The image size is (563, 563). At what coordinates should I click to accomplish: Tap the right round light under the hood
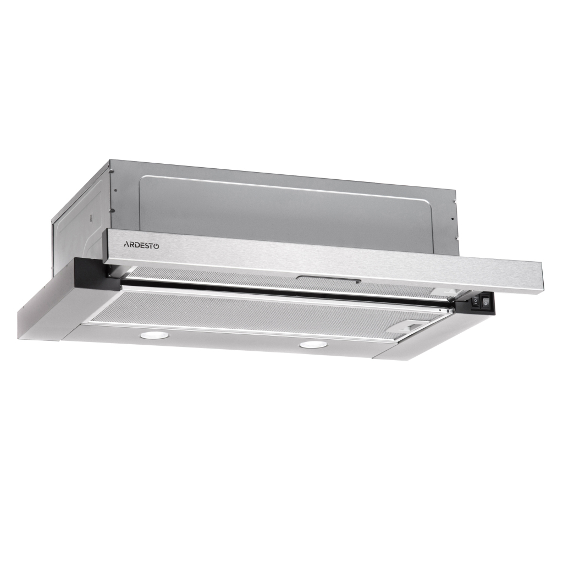[x=312, y=345]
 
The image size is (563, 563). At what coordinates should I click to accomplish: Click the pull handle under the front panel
[x=328, y=280]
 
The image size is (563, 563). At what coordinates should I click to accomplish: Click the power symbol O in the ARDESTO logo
[x=157, y=246]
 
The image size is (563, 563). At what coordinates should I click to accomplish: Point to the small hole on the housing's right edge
[x=452, y=219]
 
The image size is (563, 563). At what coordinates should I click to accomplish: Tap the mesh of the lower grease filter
[x=247, y=313]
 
